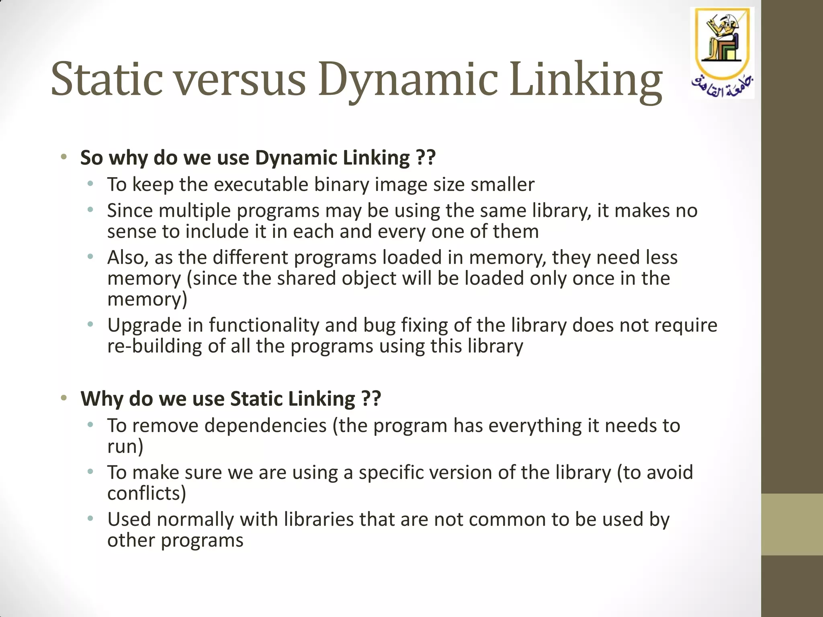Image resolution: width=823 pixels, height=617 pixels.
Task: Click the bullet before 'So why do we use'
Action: [63, 157]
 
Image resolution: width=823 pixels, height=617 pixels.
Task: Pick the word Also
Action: [128, 257]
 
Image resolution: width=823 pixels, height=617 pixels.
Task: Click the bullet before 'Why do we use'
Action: [63, 398]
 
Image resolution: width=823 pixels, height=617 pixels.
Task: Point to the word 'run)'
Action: [125, 447]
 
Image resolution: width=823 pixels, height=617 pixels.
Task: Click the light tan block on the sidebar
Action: [792, 524]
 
